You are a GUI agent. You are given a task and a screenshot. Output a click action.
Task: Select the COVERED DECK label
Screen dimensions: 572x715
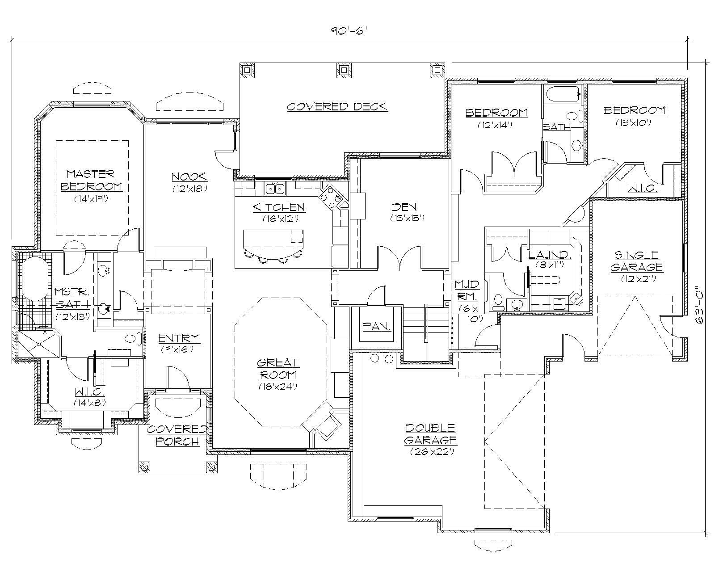(337, 107)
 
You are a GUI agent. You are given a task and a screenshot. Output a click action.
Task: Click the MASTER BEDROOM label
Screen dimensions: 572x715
(91, 180)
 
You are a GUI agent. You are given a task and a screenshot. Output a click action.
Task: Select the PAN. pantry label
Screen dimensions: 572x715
(377, 327)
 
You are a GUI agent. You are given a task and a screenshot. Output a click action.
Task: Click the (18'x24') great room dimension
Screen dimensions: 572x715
(278, 386)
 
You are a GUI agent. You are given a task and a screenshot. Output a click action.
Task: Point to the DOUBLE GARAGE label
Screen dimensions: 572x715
(430, 434)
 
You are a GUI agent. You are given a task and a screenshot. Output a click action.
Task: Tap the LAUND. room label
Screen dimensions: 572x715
(550, 255)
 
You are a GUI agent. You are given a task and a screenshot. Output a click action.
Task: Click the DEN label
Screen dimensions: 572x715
(404, 207)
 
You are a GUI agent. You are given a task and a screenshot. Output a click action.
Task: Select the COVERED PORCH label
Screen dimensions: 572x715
(177, 435)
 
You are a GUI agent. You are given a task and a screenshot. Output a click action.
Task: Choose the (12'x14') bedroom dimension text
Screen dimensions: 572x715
(494, 125)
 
